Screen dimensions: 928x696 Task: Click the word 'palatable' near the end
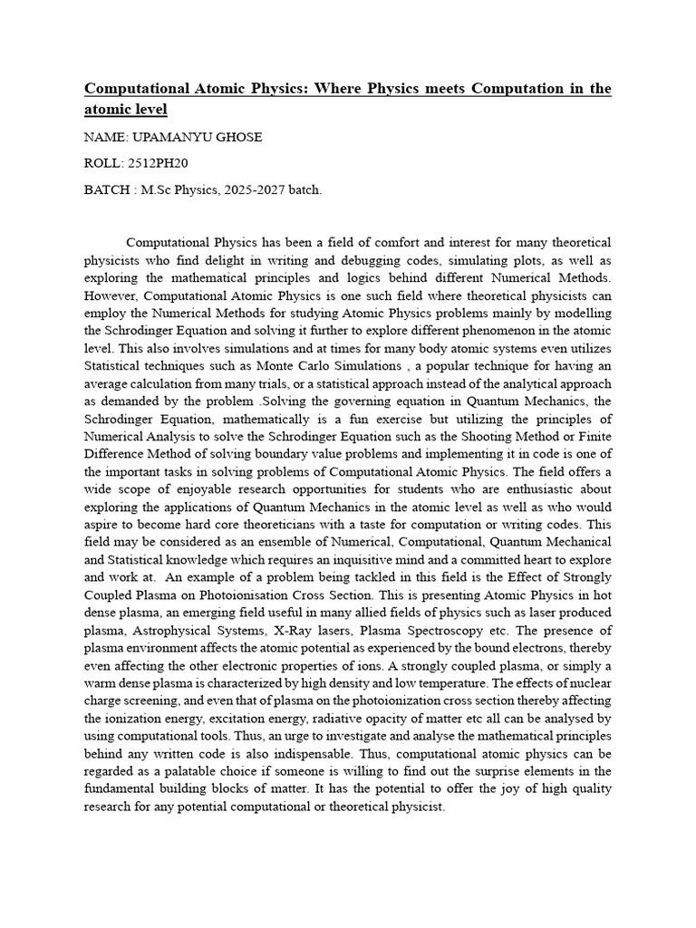pyautogui.click(x=199, y=770)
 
